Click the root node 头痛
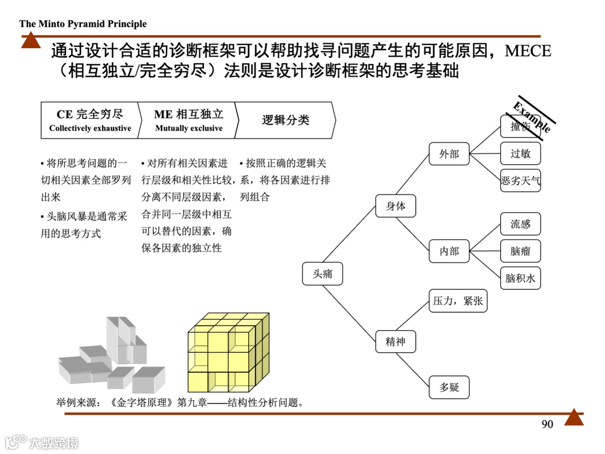click(x=322, y=274)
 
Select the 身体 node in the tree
click(x=395, y=206)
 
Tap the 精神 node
click(x=395, y=341)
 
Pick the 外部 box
click(x=449, y=154)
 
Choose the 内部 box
click(x=449, y=251)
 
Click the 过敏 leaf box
click(x=520, y=153)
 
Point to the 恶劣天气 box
click(x=520, y=180)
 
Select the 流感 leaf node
click(x=520, y=224)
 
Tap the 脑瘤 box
click(x=520, y=251)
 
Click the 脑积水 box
click(x=520, y=278)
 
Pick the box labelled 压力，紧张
click(x=457, y=301)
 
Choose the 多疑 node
click(x=449, y=387)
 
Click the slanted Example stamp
click(x=532, y=116)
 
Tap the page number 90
click(x=547, y=424)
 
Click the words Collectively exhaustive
click(x=90, y=128)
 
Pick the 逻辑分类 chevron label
click(x=286, y=120)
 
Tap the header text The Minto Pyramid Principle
click(x=83, y=24)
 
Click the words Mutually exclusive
click(x=189, y=128)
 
